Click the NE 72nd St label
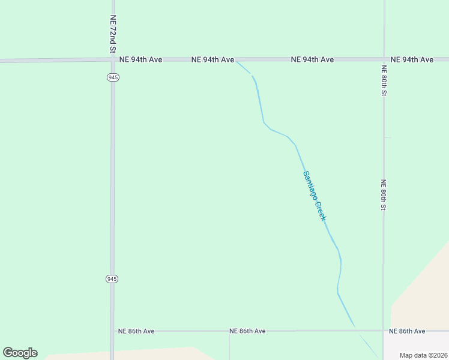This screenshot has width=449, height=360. (x=112, y=35)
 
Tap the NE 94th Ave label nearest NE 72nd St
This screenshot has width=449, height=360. (x=140, y=60)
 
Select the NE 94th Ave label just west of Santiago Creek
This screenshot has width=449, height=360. (x=212, y=60)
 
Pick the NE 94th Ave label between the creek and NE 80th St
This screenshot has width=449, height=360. (x=312, y=60)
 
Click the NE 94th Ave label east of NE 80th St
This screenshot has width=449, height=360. (x=412, y=60)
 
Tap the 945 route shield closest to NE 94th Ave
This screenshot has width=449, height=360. (x=112, y=77)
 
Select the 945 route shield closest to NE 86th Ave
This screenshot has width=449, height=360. (x=112, y=279)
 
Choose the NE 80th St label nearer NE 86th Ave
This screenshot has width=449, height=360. (x=384, y=195)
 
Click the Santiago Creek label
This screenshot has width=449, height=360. (x=314, y=196)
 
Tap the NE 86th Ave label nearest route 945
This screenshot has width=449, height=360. (x=136, y=331)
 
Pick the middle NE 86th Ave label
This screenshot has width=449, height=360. (x=247, y=331)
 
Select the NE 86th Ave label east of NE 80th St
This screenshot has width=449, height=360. (x=407, y=331)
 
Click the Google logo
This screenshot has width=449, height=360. (x=20, y=353)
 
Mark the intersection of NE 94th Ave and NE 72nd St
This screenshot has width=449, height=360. (x=112, y=60)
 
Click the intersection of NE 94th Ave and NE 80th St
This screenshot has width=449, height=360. (x=384, y=60)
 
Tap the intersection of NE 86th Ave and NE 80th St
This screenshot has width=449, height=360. (x=384, y=331)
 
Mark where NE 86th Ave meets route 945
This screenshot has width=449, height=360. (x=112, y=331)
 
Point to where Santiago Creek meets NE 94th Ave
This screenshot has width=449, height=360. (x=237, y=61)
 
